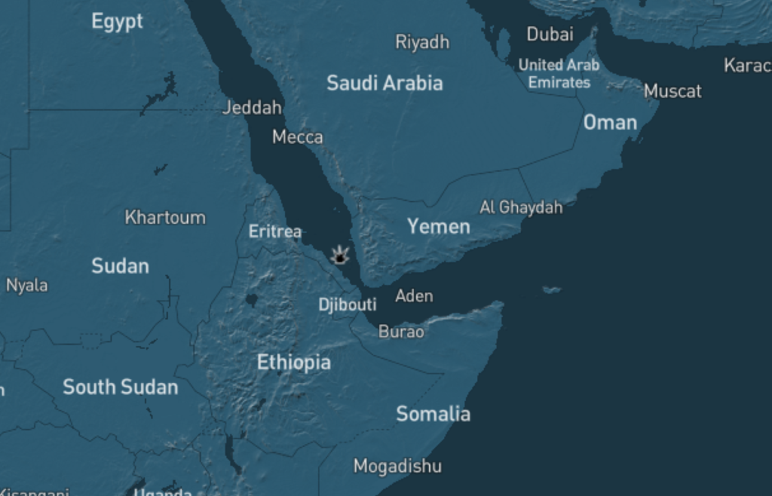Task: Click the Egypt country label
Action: (x=117, y=21)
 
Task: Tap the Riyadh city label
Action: (x=422, y=42)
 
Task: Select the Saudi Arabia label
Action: (x=384, y=83)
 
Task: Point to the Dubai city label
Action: (x=550, y=34)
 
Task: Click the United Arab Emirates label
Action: (x=559, y=74)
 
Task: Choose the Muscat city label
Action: (x=672, y=91)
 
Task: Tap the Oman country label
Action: (x=610, y=122)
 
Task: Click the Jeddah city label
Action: (x=252, y=108)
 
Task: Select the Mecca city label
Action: (x=298, y=137)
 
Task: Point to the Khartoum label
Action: (x=165, y=218)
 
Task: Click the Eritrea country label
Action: (x=275, y=231)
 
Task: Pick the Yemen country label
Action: (x=438, y=226)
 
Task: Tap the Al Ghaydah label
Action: (x=521, y=207)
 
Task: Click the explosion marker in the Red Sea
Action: (x=341, y=256)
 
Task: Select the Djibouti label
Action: (x=347, y=305)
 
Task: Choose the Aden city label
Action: (x=414, y=295)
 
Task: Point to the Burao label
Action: (x=401, y=332)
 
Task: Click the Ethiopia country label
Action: (x=294, y=363)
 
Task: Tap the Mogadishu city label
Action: (x=397, y=466)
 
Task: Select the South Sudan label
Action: (x=121, y=387)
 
